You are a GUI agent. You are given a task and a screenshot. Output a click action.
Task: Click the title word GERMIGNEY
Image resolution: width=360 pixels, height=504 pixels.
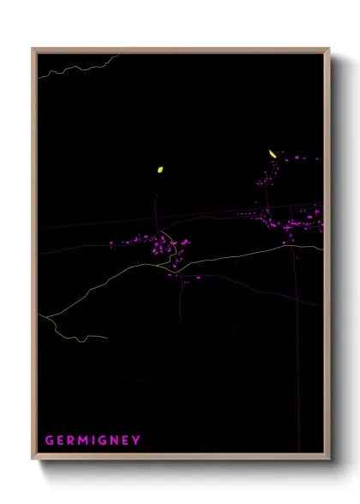point(92,441)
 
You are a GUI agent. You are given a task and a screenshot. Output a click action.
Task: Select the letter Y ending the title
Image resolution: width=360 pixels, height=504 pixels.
point(136,441)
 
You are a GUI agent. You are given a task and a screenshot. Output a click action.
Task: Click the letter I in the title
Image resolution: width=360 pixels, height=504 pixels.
point(93,441)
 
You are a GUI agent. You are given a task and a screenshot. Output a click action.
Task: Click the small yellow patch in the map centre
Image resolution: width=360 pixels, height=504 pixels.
point(159,170)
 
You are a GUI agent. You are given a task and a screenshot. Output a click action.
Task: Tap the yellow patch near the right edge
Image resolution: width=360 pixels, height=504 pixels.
point(273,154)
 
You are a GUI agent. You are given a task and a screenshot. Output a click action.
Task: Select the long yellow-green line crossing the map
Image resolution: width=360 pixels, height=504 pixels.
point(223,256)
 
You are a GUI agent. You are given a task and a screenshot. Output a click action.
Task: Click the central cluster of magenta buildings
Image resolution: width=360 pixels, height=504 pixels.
point(163,249)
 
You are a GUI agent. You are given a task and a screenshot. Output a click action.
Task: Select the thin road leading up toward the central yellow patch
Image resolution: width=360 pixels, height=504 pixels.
point(156,206)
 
